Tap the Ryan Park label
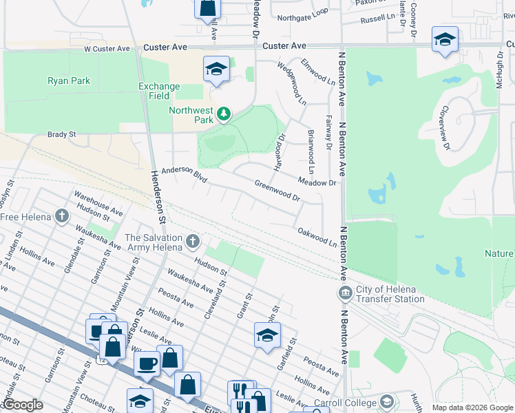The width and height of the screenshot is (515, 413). [69, 81]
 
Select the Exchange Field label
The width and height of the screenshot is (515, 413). [159, 91]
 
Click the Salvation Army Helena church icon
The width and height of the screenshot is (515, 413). [193, 241]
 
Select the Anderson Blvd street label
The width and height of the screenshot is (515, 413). [185, 176]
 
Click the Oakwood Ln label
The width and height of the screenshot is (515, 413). [317, 237]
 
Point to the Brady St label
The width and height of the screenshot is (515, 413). [61, 135]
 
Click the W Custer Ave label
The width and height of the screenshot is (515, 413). [107, 49]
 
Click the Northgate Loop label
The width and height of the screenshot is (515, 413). [303, 13]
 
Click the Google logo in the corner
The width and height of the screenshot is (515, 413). [23, 405]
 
